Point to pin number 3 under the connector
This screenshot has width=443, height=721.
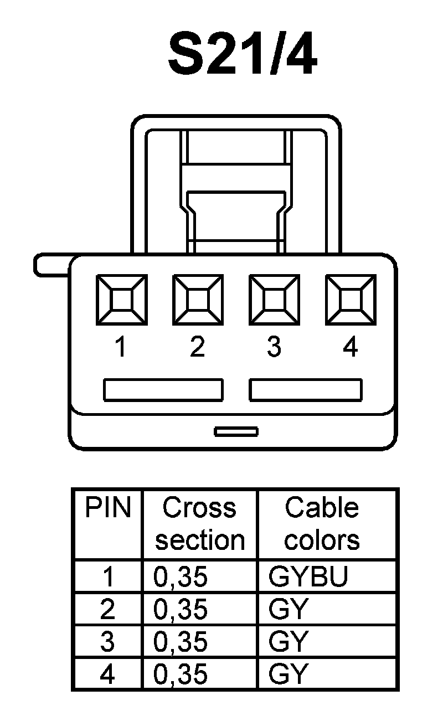tap(274, 347)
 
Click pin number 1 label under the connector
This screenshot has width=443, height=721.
tap(120, 347)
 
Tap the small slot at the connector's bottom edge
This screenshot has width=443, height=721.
tap(236, 431)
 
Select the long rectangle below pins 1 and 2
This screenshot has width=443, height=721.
tap(163, 389)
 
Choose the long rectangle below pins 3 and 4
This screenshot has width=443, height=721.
tap(306, 389)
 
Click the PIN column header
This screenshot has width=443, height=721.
tap(108, 508)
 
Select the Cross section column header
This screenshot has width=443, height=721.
tap(200, 524)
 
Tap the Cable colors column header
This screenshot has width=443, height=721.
tap(322, 524)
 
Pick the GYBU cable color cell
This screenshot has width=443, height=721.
tap(308, 577)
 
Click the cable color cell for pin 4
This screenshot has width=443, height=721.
tap(288, 674)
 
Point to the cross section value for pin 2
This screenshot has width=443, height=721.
tap(181, 610)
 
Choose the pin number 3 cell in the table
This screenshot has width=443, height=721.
tap(108, 642)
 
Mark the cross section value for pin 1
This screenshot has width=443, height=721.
tap(181, 577)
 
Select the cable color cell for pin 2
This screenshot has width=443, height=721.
tap(288, 610)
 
